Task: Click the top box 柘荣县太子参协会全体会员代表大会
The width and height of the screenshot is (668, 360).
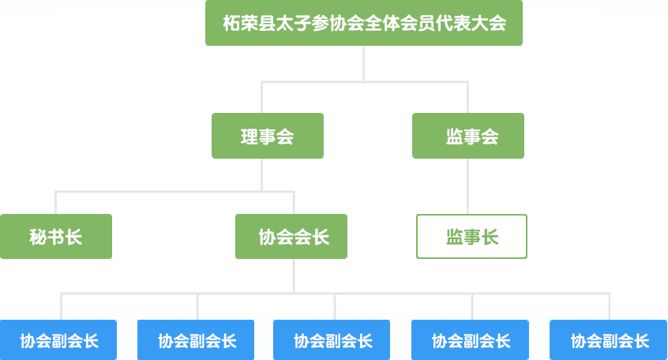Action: (x=364, y=23)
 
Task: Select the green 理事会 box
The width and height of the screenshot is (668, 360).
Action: (x=268, y=136)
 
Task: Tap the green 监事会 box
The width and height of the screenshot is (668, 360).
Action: (x=468, y=136)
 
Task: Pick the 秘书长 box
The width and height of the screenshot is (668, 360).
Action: (x=55, y=236)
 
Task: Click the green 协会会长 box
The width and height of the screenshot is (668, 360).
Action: (x=291, y=236)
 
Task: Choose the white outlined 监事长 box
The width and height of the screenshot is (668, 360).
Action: (x=471, y=236)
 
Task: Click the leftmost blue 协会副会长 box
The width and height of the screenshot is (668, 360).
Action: (x=58, y=340)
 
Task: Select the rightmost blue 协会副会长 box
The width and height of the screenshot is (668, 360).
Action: (x=609, y=340)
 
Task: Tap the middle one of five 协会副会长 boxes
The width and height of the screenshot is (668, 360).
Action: (x=332, y=340)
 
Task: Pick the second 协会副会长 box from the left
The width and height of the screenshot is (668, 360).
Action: (x=196, y=340)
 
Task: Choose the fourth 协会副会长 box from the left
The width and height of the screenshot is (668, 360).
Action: (x=471, y=340)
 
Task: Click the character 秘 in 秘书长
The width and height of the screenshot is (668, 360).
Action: (x=38, y=236)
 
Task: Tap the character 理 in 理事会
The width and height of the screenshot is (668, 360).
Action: (x=250, y=136)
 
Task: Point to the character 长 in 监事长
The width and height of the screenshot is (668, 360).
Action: (x=490, y=236)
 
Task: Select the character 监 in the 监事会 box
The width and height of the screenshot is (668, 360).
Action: (x=454, y=136)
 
